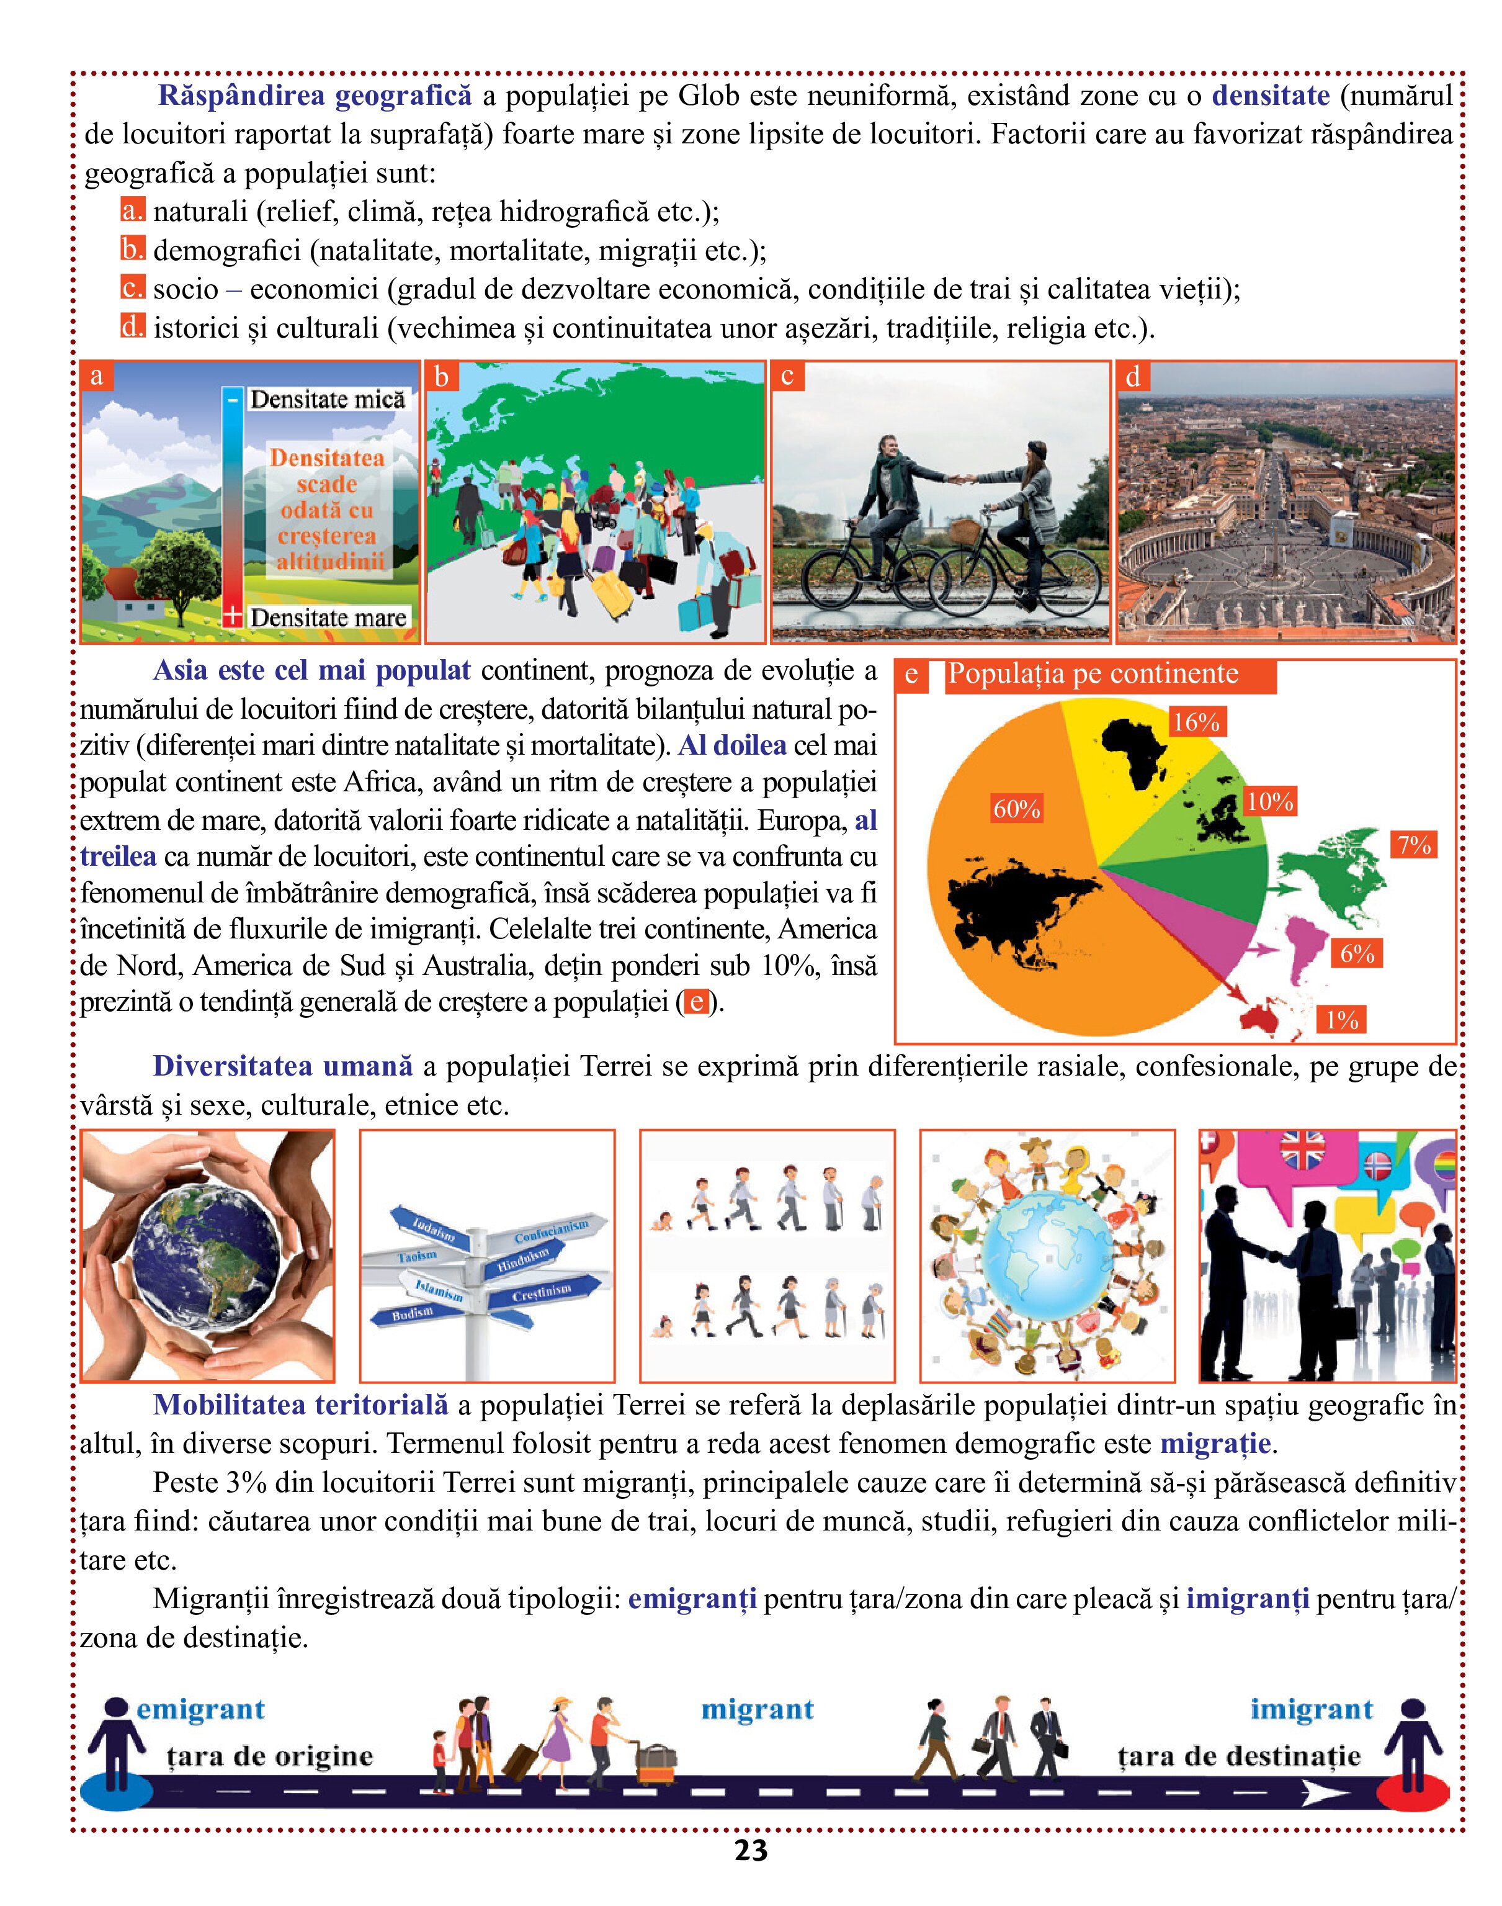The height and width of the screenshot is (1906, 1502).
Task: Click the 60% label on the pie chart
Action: click(x=1017, y=808)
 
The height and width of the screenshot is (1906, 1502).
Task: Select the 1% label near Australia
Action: click(x=1342, y=1019)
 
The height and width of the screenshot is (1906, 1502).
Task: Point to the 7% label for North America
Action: click(x=1414, y=845)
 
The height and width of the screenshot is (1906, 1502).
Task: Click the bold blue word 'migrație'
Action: click(x=1214, y=1444)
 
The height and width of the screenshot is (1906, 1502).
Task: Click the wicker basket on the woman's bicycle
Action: click(x=964, y=531)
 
